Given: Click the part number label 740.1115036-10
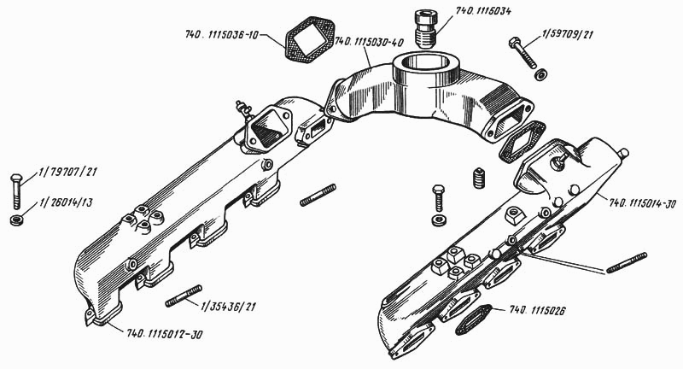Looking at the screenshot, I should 225,36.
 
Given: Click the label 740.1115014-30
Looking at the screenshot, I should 643,204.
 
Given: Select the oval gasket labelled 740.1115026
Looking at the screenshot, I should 471,320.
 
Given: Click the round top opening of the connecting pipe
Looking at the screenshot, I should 424,65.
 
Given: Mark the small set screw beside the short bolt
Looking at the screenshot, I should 477,179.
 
